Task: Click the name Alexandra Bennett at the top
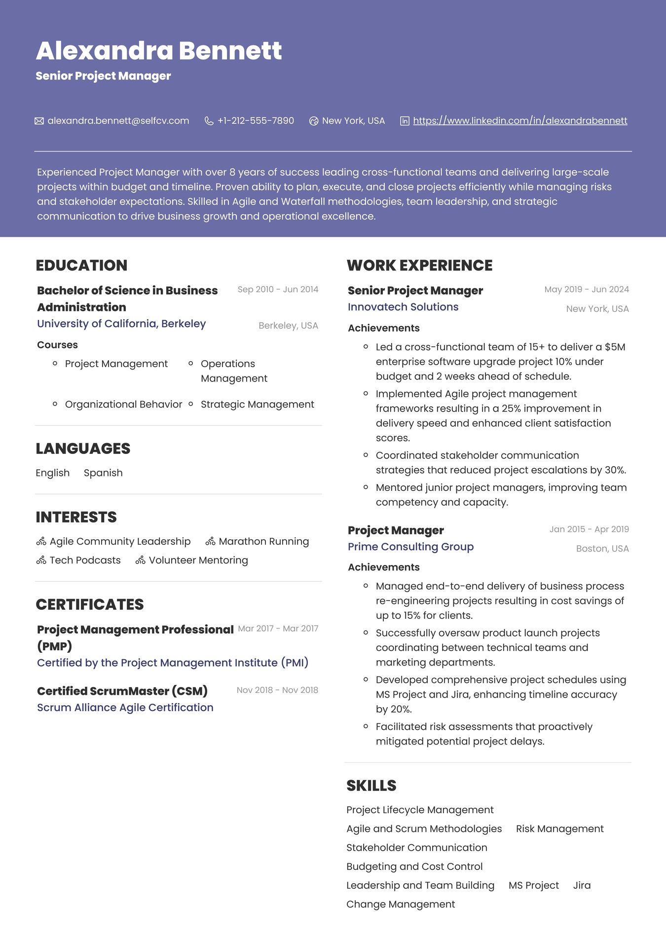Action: (x=158, y=51)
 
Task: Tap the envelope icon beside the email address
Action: (x=39, y=121)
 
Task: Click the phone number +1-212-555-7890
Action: (x=256, y=121)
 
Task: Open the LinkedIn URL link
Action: (x=520, y=121)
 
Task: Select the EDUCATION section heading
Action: (x=81, y=265)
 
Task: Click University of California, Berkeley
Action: (x=121, y=324)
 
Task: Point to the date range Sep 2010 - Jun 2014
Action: (x=278, y=290)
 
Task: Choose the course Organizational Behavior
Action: (x=123, y=405)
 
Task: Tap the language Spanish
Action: (x=103, y=473)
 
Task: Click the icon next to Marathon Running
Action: (x=211, y=542)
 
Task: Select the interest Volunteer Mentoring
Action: (x=198, y=561)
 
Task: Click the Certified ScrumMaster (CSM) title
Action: (x=122, y=691)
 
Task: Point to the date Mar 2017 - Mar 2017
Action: (x=278, y=629)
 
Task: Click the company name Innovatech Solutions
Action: (x=403, y=307)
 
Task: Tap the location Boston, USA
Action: (x=602, y=549)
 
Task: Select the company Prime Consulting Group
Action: (x=410, y=547)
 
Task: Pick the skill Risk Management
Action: (x=559, y=829)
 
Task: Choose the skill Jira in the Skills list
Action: (x=582, y=886)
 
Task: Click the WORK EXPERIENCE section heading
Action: (x=419, y=265)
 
